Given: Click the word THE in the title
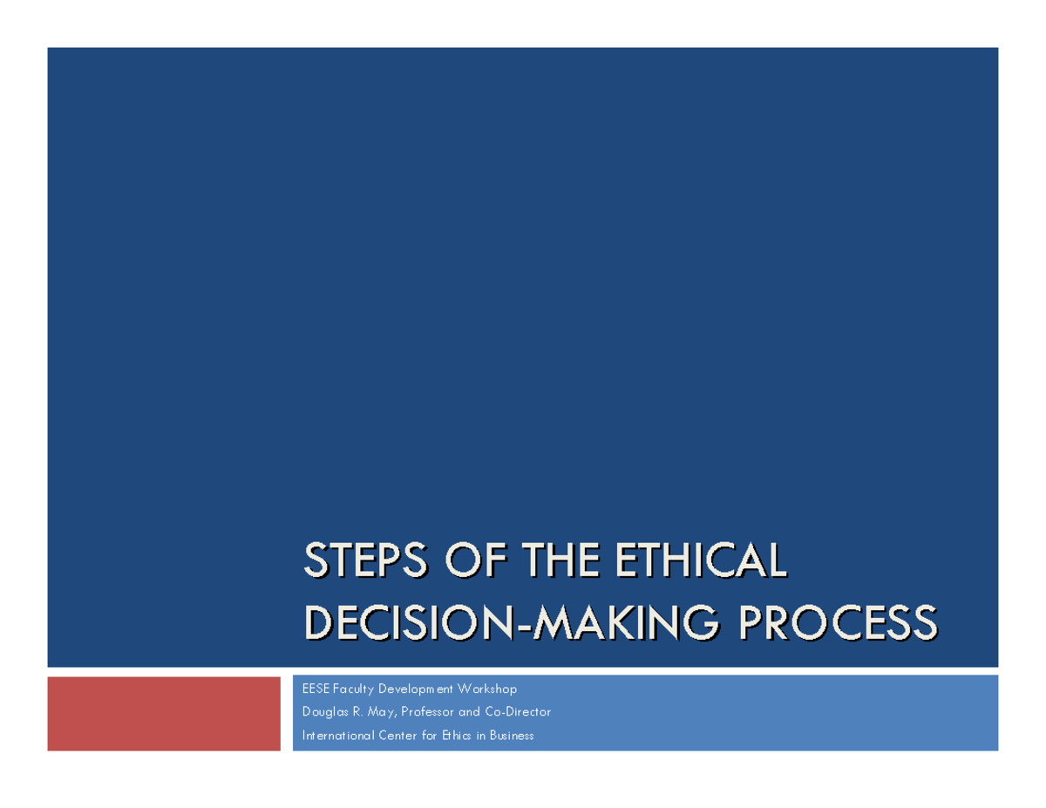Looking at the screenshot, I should tap(560, 560).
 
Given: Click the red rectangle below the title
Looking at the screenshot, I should tap(164, 713).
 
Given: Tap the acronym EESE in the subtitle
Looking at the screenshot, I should tap(316, 689).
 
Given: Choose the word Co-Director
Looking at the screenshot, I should tap(520, 712).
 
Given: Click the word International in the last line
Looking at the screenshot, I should tap(337, 736).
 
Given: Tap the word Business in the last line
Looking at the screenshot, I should tap(511, 736).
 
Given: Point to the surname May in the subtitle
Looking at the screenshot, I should tap(380, 713).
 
